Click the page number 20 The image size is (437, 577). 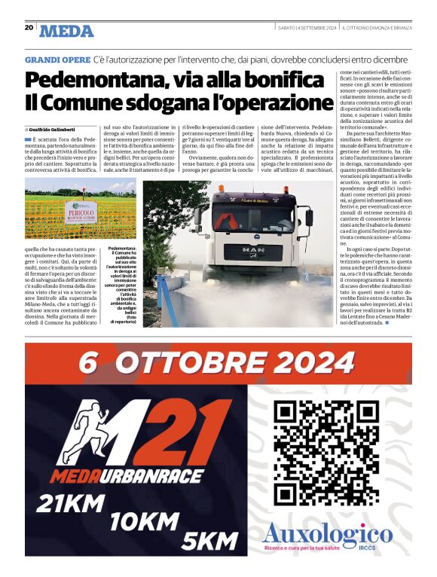pos(29,27)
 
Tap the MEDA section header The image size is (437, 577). pos(67,31)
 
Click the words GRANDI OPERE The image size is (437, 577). pos(57,58)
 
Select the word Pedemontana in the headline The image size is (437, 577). pos(90,79)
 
